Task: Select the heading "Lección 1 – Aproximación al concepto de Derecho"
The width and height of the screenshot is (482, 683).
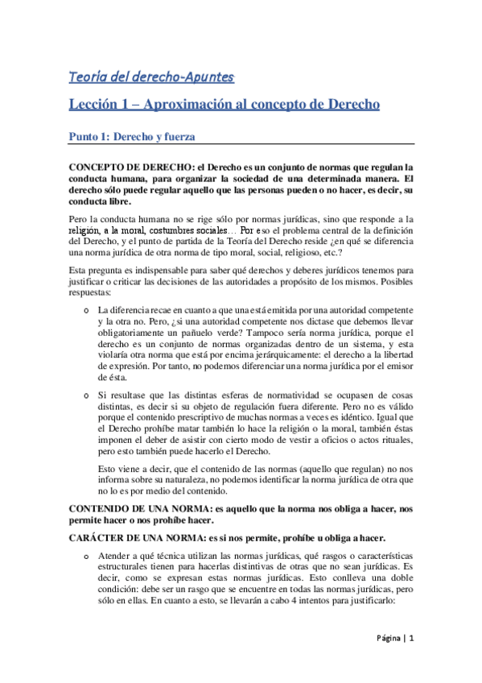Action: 224,106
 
